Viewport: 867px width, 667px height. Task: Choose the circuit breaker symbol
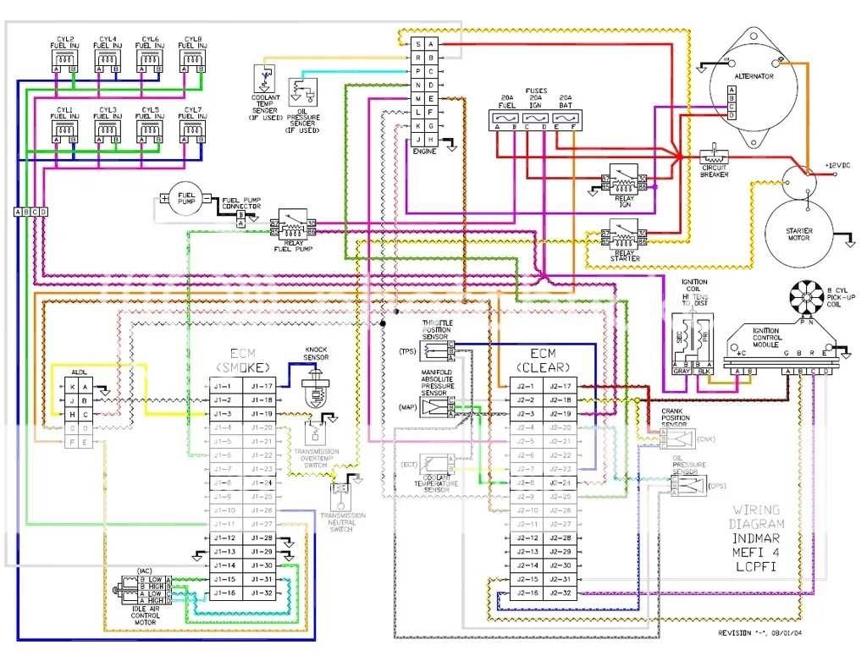point(715,158)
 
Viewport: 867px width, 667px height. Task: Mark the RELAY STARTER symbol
point(623,234)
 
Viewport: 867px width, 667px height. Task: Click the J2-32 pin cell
point(561,593)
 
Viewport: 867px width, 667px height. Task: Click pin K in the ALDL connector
point(73,386)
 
